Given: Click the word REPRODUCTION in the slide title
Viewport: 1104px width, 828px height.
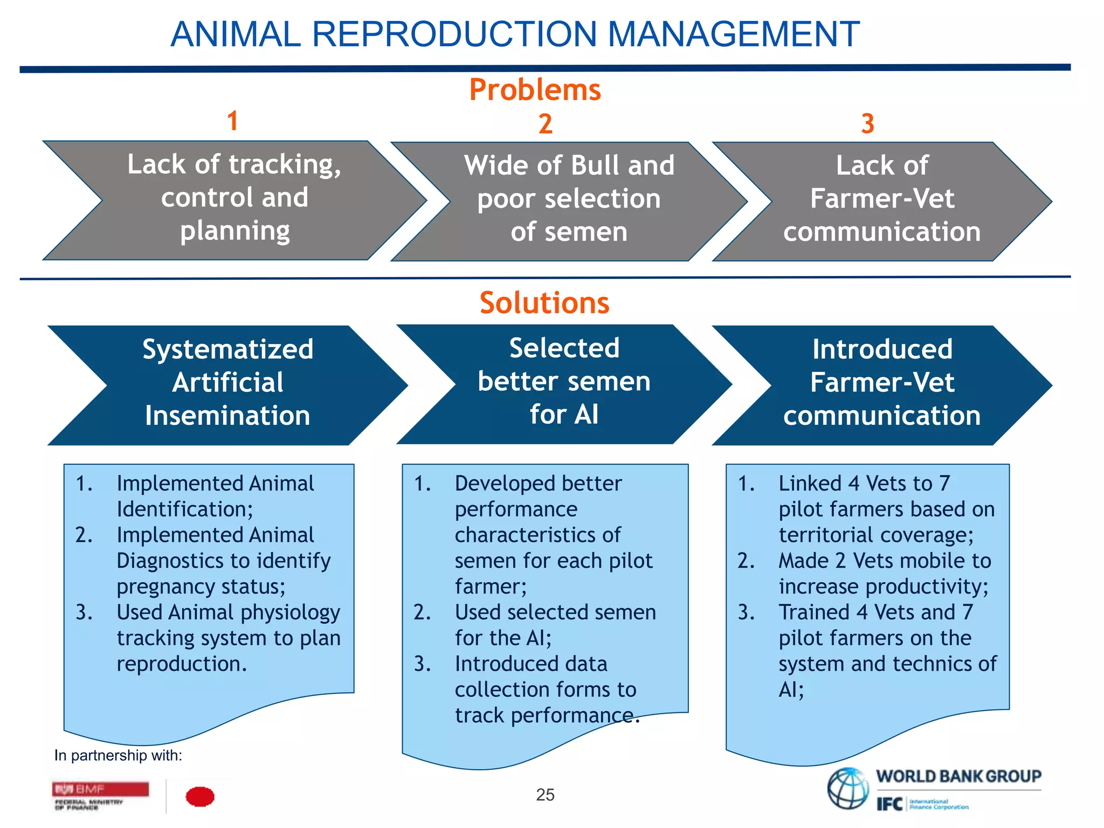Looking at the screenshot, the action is point(454,34).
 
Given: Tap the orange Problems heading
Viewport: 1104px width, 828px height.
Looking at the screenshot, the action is point(535,89).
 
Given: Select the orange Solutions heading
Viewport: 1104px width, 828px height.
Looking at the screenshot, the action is point(544,302).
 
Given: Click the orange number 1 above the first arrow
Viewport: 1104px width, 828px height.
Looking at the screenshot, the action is point(232,120).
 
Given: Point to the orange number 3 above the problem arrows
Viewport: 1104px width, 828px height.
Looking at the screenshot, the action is point(867,123).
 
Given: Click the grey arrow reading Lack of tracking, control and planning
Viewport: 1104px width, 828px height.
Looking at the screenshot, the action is point(234,199).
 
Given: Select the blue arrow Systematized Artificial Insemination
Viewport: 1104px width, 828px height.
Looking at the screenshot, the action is point(227,384).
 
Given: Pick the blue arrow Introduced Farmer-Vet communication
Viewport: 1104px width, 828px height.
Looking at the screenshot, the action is point(882,384).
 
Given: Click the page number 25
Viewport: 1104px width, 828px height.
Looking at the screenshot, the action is point(545,795).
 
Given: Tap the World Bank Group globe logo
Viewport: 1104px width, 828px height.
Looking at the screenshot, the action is point(848,789).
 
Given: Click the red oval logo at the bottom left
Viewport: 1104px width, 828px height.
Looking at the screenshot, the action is point(200,796).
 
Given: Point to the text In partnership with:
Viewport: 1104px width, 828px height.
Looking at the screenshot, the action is point(118,755).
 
